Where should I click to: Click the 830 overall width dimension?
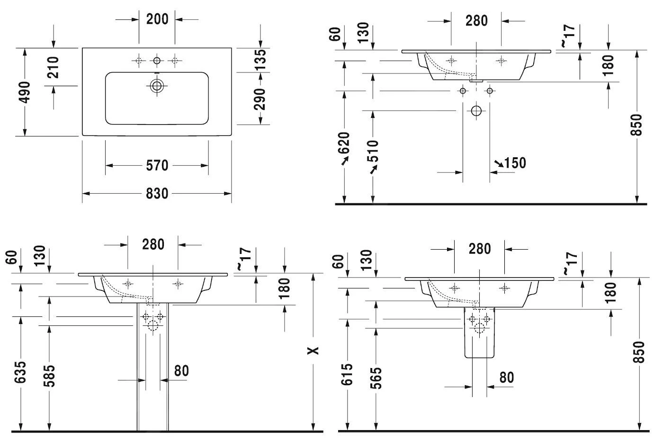[x=157, y=194]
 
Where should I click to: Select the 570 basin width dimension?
[x=157, y=165]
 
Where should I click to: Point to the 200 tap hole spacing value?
[x=157, y=19]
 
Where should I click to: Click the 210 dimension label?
[x=53, y=67]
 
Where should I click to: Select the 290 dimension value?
[x=260, y=99]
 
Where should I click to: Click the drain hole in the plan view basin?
[x=157, y=86]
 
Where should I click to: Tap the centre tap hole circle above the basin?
[x=157, y=60]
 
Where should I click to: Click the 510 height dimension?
[x=373, y=151]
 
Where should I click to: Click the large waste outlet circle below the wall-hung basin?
[x=476, y=111]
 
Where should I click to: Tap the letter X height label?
[x=313, y=351]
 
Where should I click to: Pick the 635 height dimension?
[x=20, y=373]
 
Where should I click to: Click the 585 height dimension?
[x=49, y=375]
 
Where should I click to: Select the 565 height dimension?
[x=376, y=378]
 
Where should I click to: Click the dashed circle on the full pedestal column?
[x=152, y=326]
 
